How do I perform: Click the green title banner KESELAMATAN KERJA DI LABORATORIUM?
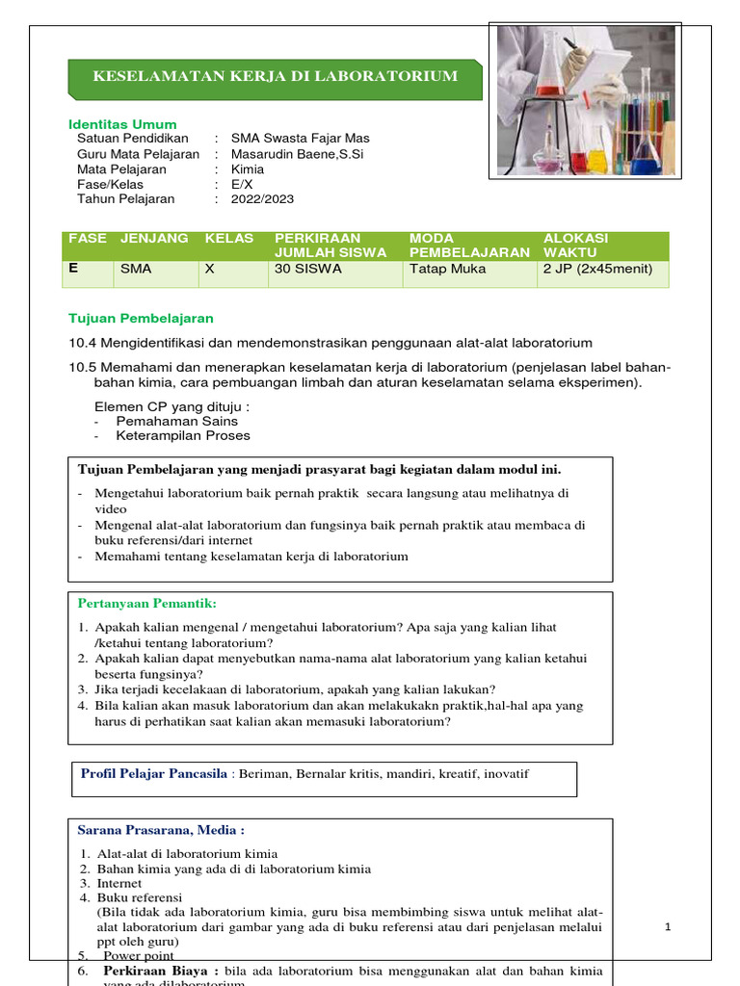pyautogui.click(x=275, y=76)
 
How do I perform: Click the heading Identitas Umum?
pyautogui.click(x=122, y=124)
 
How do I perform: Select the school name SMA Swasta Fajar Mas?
pyautogui.click(x=300, y=139)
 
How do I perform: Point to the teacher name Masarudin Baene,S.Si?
pyautogui.click(x=297, y=154)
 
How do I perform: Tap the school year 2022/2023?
pyautogui.click(x=262, y=199)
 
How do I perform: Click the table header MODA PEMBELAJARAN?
pyautogui.click(x=469, y=246)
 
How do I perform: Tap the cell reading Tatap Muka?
pyautogui.click(x=448, y=270)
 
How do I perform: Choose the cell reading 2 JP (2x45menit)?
pyautogui.click(x=598, y=270)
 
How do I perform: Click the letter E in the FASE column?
pyautogui.click(x=73, y=270)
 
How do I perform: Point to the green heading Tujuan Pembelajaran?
pyautogui.click(x=141, y=318)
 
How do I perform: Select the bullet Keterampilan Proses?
pyautogui.click(x=183, y=435)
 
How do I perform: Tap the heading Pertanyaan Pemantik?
pyautogui.click(x=147, y=604)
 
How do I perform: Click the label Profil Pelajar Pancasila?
pyautogui.click(x=154, y=773)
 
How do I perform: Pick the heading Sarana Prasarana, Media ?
pyautogui.click(x=161, y=830)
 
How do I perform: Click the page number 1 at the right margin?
pyautogui.click(x=668, y=926)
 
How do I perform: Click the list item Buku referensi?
pyautogui.click(x=139, y=897)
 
